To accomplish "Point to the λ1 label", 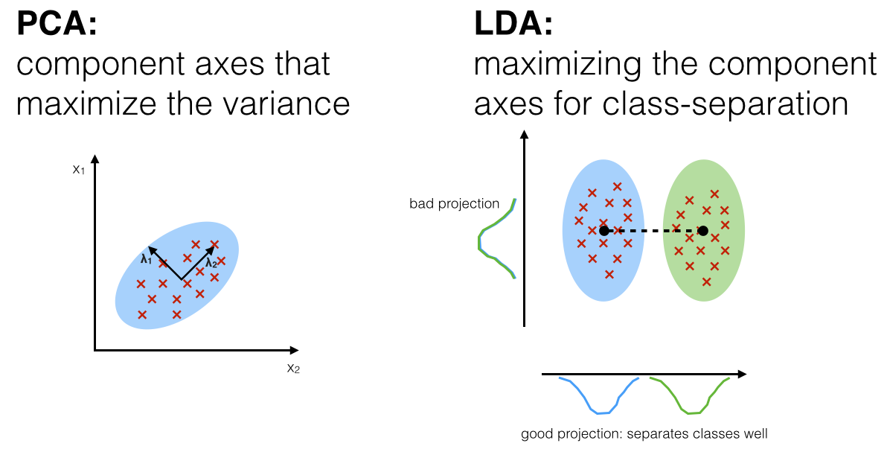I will click(x=146, y=259).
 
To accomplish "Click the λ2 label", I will click(x=211, y=263).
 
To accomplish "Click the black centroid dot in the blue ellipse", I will click(x=604, y=231).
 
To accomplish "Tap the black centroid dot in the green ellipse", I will click(x=702, y=231).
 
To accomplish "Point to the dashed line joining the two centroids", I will click(x=653, y=231).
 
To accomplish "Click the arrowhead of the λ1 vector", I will click(x=152, y=249).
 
